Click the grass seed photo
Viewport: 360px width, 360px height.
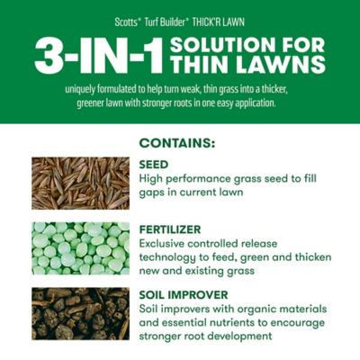80,184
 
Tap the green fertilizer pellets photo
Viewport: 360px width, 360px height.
80,248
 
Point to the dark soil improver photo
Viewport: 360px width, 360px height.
80,313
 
